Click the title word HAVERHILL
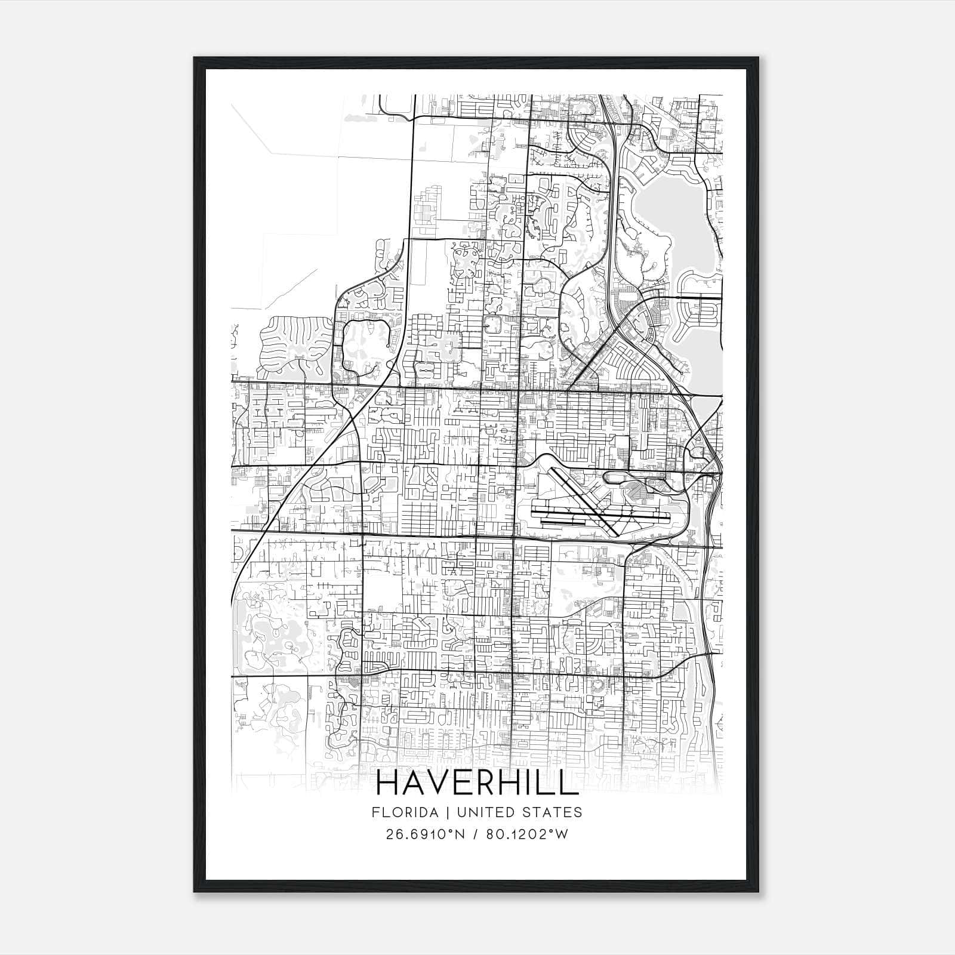478,783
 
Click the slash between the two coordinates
475,834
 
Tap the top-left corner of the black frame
195,58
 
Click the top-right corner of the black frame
757,58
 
